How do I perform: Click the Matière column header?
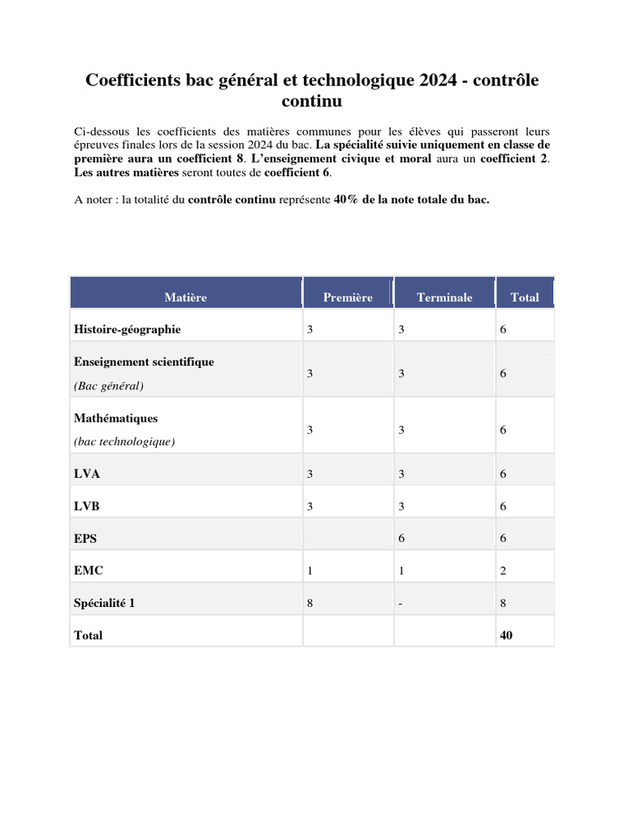[185, 297]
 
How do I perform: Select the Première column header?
[348, 297]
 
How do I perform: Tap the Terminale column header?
[444, 297]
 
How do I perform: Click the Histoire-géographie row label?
[128, 329]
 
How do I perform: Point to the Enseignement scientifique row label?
[144, 362]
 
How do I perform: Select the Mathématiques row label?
[116, 418]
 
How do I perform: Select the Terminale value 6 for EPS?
[401, 538]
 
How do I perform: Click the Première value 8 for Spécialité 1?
[310, 604]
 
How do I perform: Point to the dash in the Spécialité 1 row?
[401, 604]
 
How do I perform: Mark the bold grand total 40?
[506, 635]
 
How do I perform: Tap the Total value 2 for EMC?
[503, 571]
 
